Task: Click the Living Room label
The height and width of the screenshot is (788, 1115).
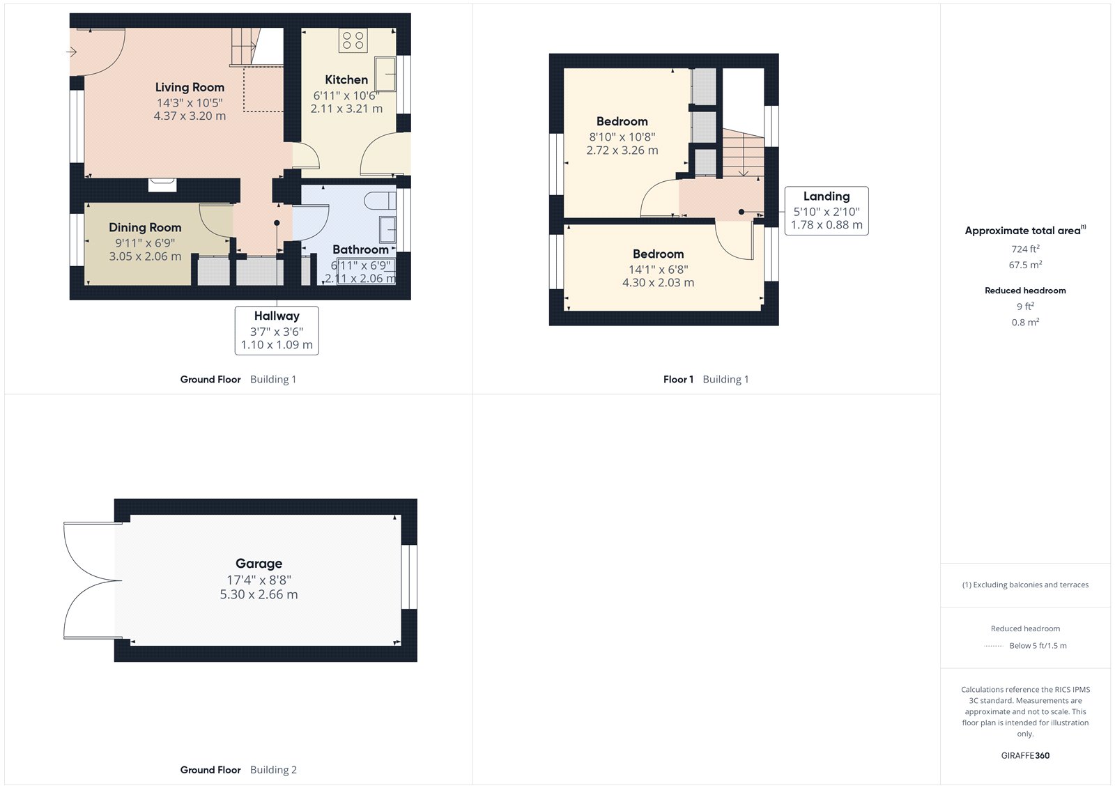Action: click(x=190, y=87)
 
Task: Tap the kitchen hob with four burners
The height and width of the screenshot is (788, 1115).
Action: click(x=353, y=40)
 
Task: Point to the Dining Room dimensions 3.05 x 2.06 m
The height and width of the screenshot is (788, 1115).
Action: click(x=145, y=256)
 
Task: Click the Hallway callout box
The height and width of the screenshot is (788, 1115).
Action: click(x=277, y=330)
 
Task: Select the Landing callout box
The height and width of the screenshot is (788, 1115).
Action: click(x=826, y=210)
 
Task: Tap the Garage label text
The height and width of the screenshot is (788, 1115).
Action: click(x=259, y=564)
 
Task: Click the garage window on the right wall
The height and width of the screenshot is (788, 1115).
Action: click(x=409, y=577)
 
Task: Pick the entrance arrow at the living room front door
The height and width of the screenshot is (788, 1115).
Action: click(x=72, y=52)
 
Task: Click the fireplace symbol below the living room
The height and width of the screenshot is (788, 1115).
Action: click(x=162, y=185)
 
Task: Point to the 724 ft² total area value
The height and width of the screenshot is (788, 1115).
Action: click(x=1025, y=249)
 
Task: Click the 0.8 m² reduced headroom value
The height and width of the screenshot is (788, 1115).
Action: click(x=1025, y=322)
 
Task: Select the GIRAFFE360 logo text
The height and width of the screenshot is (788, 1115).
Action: click(x=1025, y=755)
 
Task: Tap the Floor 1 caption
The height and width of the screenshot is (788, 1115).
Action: click(x=678, y=380)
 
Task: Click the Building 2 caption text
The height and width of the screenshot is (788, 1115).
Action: click(x=273, y=770)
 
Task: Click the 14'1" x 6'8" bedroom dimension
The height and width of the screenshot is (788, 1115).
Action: click(x=658, y=269)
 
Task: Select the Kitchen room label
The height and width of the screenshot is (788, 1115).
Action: click(x=346, y=79)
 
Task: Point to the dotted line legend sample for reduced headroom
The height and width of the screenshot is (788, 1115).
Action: click(x=993, y=646)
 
